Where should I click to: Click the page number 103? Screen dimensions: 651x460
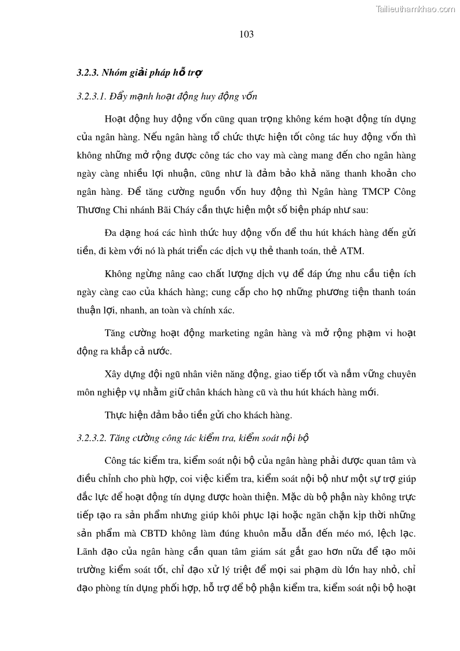(246, 34)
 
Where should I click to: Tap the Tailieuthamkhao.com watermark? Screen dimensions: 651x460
(415, 9)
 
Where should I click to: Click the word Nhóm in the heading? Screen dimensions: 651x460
(114, 73)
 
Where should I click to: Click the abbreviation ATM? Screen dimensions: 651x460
(355, 251)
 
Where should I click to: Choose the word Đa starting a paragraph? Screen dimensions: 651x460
(111, 233)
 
